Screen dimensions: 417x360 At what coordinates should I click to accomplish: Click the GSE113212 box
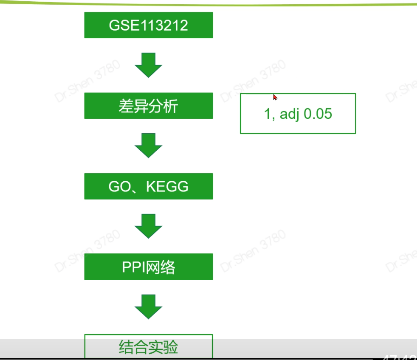[x=148, y=25]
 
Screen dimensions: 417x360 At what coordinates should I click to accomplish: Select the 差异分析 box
[x=148, y=106]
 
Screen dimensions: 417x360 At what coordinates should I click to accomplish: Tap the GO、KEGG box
[x=148, y=186]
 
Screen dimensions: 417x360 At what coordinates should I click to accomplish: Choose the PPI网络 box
[x=148, y=267]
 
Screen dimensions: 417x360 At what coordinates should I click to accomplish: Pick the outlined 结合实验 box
[x=148, y=347]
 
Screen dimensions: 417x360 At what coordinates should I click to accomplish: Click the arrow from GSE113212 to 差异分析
[x=148, y=65]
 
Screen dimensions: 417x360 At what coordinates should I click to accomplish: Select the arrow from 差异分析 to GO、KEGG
[x=148, y=146]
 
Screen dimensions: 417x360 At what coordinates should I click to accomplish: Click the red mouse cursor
[x=275, y=97]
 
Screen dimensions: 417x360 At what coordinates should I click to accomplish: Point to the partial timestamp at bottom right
[x=400, y=357]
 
